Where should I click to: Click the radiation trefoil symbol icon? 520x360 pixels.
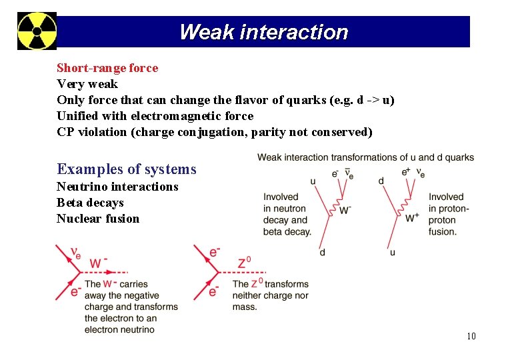(37, 31)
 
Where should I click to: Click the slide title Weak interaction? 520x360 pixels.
(263, 32)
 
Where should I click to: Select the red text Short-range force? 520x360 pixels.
(107, 68)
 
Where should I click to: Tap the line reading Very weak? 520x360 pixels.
(87, 84)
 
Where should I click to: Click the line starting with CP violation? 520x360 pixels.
(214, 132)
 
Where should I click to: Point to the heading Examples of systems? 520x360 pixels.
(127, 169)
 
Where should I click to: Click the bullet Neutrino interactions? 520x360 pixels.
(117, 187)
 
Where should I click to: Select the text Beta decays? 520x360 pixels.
(90, 203)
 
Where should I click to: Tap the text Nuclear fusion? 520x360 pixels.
(98, 219)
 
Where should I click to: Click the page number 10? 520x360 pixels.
(471, 336)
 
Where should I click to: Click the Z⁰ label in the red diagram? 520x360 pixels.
(245, 262)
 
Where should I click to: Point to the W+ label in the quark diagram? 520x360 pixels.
(412, 217)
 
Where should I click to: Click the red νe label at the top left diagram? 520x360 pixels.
(76, 253)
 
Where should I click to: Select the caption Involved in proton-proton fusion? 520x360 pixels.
(449, 214)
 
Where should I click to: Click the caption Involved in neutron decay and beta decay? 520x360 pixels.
(287, 214)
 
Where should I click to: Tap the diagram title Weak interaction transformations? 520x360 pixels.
(365, 157)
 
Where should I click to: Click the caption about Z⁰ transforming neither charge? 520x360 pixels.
(270, 295)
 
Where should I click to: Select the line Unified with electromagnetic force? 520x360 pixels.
(155, 116)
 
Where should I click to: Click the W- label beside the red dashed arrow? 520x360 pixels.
(98, 263)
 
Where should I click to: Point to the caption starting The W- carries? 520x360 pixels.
(131, 307)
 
